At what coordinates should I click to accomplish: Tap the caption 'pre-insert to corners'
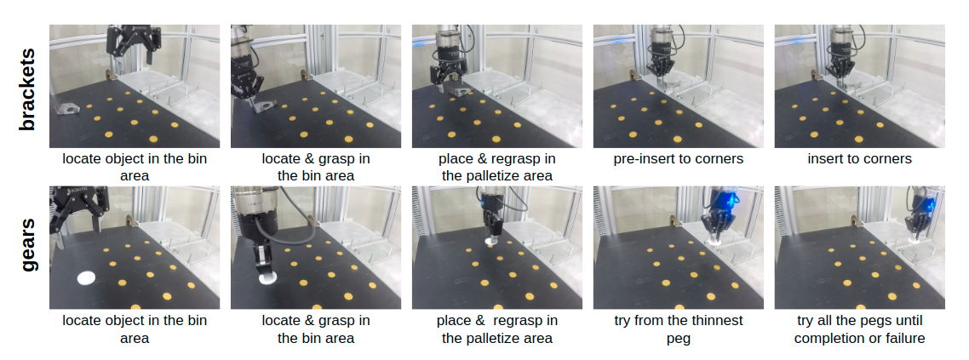pyautogui.click(x=678, y=158)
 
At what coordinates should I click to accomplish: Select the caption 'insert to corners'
pyautogui.click(x=859, y=158)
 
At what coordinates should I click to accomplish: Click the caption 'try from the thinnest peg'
pyautogui.click(x=678, y=329)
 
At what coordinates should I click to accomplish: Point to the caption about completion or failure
pyautogui.click(x=859, y=329)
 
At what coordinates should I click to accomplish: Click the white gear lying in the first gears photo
pyautogui.click(x=86, y=277)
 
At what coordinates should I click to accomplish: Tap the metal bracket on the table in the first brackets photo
pyautogui.click(x=67, y=109)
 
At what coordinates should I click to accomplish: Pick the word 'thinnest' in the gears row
pyautogui.click(x=717, y=321)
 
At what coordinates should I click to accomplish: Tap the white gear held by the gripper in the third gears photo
pyautogui.click(x=492, y=240)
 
